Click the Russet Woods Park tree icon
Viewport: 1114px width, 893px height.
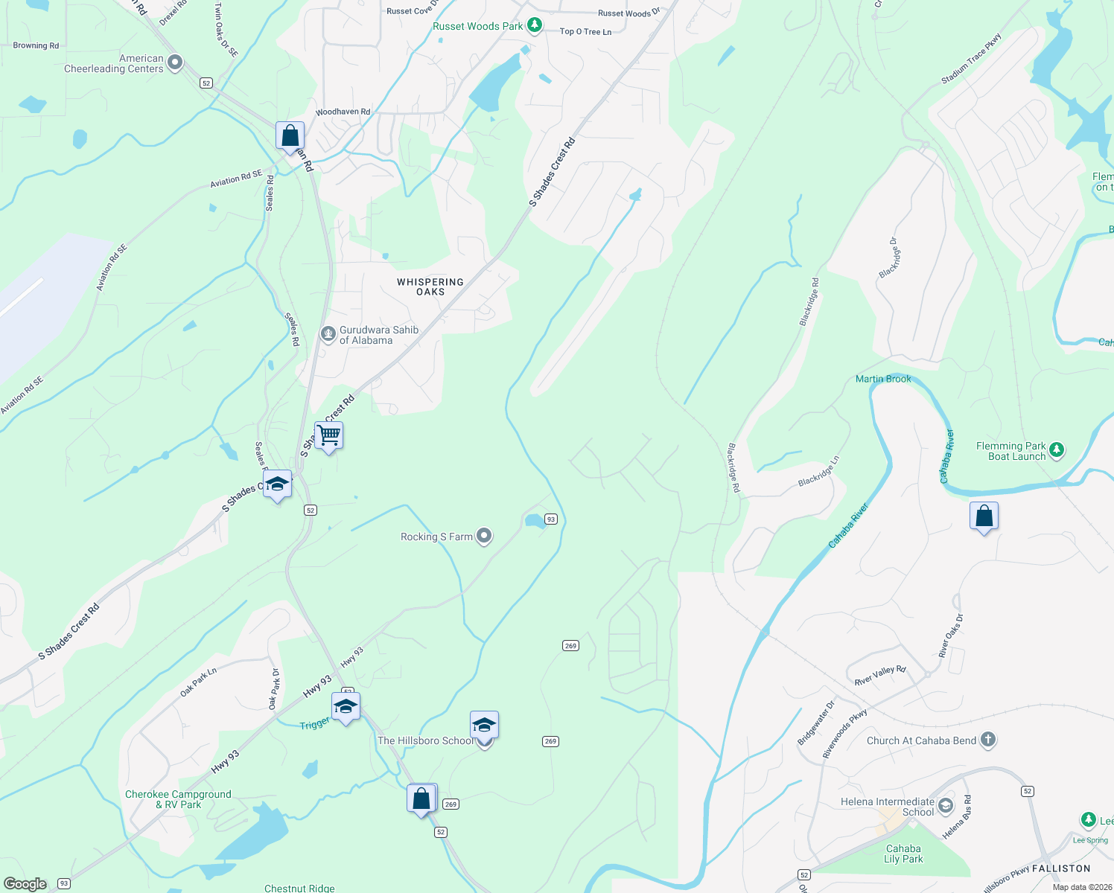pos(534,25)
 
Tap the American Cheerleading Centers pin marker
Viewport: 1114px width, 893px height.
pos(175,63)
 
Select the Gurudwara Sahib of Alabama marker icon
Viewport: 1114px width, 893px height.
pos(328,334)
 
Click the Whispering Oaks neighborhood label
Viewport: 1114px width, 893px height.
pos(430,287)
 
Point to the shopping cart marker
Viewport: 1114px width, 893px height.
pos(328,435)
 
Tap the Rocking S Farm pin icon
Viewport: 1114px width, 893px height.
pos(484,536)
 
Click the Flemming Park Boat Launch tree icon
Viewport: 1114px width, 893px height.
pos(1056,450)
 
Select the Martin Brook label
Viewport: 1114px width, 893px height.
pos(883,379)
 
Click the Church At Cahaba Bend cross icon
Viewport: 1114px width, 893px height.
pos(987,740)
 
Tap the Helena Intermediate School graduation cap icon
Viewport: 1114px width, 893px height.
pos(945,805)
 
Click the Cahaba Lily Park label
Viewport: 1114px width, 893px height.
pos(903,854)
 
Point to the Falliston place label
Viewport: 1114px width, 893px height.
pos(1061,868)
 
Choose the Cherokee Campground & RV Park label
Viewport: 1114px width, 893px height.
pos(178,799)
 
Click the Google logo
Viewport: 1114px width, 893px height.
pos(25,883)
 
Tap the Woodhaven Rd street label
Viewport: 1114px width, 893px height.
pos(343,112)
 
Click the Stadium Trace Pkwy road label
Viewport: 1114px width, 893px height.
pos(971,59)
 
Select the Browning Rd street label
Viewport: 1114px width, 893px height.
pos(36,45)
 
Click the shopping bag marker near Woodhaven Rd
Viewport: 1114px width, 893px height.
pos(290,136)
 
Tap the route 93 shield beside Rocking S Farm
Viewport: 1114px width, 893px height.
pos(550,519)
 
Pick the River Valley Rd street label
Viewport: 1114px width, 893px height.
pos(879,675)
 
